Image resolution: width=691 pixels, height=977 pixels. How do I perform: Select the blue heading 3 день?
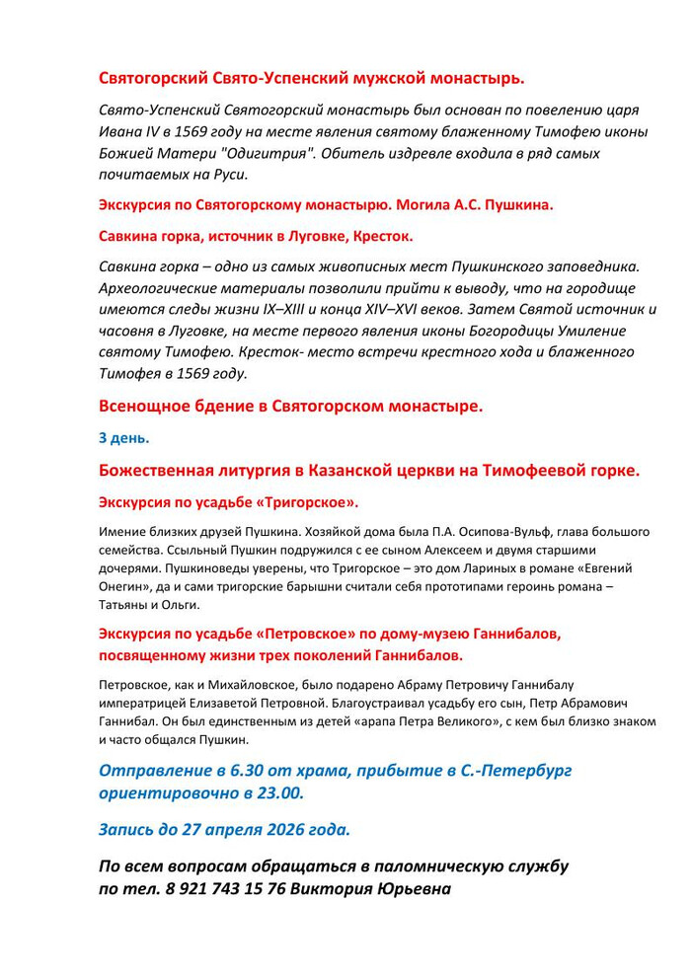[x=123, y=437]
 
